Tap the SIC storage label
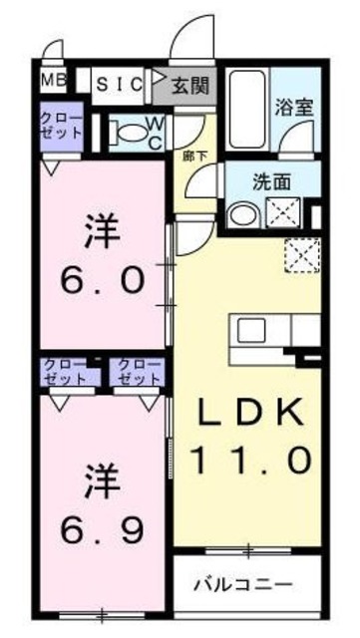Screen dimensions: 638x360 [120, 85]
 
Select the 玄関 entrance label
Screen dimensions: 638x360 [189, 85]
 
